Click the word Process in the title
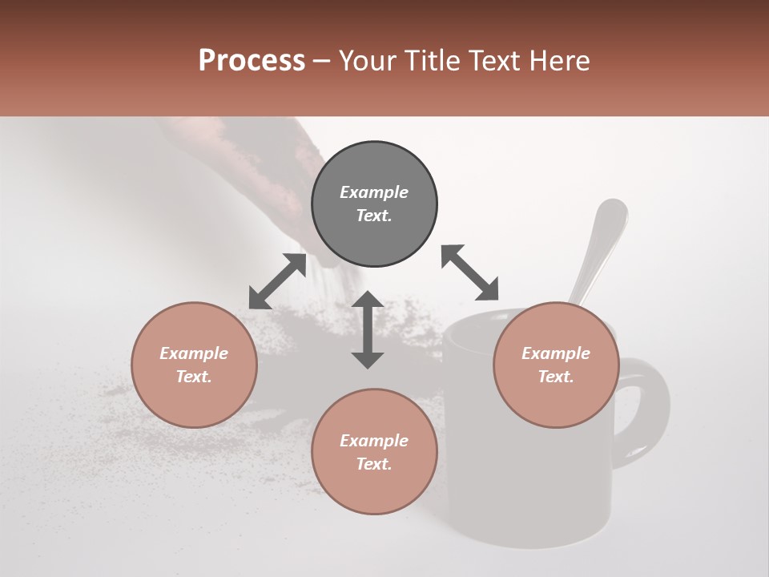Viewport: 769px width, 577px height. pyautogui.click(x=252, y=61)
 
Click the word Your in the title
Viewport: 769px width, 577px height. pyautogui.click(x=368, y=61)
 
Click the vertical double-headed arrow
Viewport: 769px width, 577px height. pyautogui.click(x=368, y=329)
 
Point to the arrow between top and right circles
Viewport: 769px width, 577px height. pyautogui.click(x=470, y=272)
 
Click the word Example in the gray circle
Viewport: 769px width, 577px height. pyautogui.click(x=374, y=192)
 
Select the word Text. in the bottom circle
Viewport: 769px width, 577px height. pyautogui.click(x=374, y=464)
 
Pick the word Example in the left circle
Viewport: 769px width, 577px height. pyautogui.click(x=194, y=353)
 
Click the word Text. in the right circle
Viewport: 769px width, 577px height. pyautogui.click(x=556, y=377)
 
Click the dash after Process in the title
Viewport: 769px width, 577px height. pyautogui.click(x=322, y=62)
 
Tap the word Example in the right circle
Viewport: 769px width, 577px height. pyautogui.click(x=556, y=353)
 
